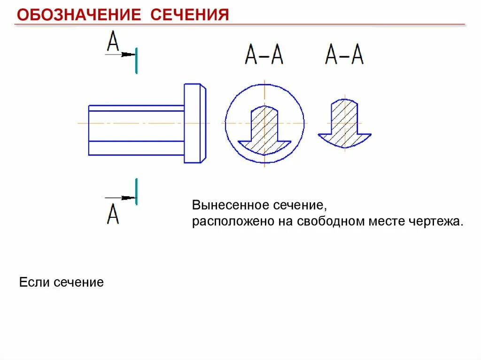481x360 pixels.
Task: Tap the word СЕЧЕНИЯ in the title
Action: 189,15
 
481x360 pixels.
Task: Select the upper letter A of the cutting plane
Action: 113,41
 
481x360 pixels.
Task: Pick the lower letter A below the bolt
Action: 113,214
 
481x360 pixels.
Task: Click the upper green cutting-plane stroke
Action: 136,61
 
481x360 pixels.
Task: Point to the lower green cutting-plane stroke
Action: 136,191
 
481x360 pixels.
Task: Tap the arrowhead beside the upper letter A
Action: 126,55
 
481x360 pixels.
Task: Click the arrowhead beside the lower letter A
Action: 126,198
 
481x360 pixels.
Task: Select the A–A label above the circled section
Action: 264,55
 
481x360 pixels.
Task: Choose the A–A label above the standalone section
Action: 344,55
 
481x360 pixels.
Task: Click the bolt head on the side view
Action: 194,123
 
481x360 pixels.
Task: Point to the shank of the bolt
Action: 136,130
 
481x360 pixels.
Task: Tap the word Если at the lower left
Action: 34,283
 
